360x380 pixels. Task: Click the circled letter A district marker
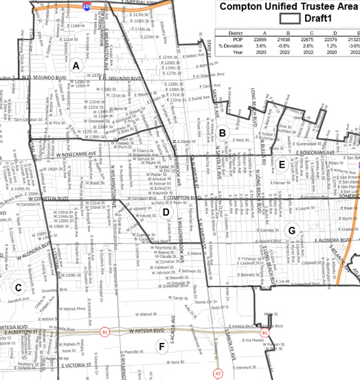[x=76, y=65]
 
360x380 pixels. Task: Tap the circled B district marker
[x=223, y=133]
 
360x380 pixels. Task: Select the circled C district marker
[x=19, y=306]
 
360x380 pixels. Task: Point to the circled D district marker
[x=166, y=212]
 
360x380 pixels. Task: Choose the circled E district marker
[x=282, y=164]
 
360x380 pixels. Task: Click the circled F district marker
[x=162, y=346]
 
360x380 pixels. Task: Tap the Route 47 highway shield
[x=218, y=373]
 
